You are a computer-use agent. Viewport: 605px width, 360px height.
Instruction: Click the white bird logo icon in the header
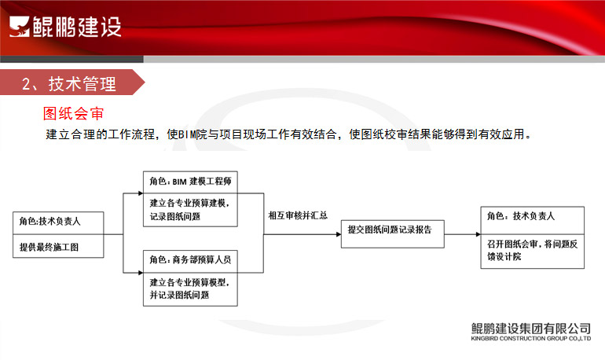(x=20, y=27)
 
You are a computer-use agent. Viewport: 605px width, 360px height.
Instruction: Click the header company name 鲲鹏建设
(x=77, y=27)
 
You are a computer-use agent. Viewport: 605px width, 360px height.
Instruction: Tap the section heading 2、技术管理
(x=68, y=84)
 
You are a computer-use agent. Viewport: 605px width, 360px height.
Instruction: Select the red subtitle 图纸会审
(x=73, y=113)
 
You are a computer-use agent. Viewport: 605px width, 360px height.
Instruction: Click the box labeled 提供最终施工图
(x=58, y=246)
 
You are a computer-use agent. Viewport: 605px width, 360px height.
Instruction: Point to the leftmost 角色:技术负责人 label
(x=49, y=221)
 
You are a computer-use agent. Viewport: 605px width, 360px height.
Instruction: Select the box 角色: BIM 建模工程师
(x=190, y=182)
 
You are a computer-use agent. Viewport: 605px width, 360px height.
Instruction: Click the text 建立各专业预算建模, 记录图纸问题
(x=189, y=210)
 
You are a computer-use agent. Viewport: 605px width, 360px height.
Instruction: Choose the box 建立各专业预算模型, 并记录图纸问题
(x=190, y=289)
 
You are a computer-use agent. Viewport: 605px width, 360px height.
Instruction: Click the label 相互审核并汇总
(x=298, y=215)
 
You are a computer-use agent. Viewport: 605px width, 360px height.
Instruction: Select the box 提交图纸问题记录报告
(x=392, y=233)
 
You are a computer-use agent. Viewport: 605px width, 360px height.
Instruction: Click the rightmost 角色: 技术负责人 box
(x=533, y=220)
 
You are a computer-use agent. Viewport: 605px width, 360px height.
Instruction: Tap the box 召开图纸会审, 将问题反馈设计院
(x=533, y=252)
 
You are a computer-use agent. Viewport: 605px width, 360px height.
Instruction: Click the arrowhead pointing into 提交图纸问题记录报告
(x=339, y=234)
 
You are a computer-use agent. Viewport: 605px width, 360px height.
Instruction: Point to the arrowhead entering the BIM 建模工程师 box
(x=141, y=193)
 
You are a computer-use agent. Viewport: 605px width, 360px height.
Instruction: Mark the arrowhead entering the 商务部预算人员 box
(x=141, y=273)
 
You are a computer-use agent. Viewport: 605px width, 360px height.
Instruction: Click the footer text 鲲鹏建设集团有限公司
(x=530, y=329)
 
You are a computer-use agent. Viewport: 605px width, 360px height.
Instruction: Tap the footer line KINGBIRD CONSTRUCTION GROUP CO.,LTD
(x=530, y=339)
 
